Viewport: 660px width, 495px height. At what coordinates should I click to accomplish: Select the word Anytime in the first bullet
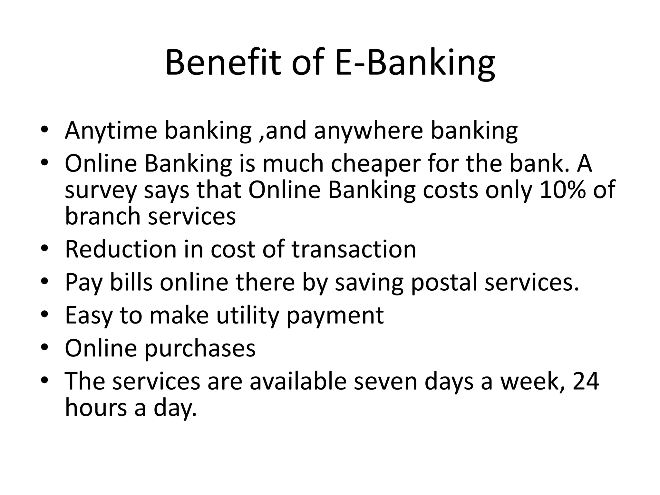coord(111,131)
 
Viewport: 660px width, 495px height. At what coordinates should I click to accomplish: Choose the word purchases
coord(200,349)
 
